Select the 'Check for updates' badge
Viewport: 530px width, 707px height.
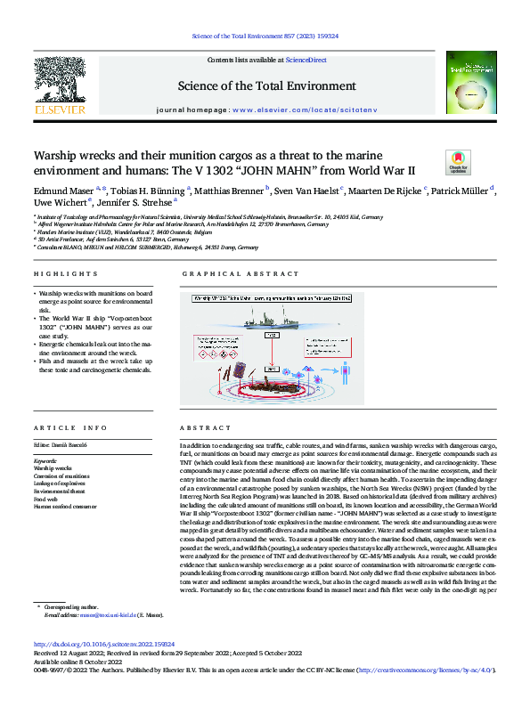point(458,162)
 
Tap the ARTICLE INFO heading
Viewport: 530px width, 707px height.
point(61,429)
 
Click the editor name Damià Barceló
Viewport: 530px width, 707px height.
point(69,443)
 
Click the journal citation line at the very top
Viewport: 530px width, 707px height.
point(265,37)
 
